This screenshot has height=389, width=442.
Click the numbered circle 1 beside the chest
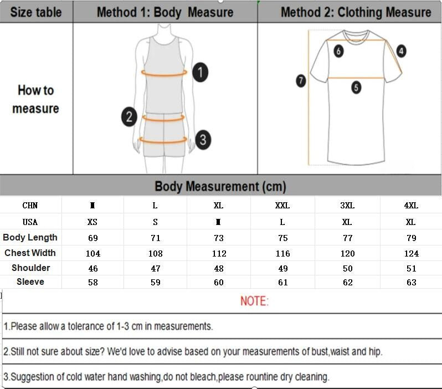201,73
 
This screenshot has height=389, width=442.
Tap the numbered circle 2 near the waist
129,116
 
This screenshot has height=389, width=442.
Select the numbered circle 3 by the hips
203,139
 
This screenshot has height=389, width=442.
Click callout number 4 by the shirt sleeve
401,51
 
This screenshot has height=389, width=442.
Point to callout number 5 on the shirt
356,87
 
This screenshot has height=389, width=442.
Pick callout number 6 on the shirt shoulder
338,52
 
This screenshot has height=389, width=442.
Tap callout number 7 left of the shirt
301,81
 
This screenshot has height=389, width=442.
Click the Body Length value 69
92,238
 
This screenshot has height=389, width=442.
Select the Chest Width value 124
411,253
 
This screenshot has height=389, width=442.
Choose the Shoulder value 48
219,268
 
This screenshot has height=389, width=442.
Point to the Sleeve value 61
282,283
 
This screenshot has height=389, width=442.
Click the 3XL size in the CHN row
347,206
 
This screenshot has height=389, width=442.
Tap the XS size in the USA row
92,222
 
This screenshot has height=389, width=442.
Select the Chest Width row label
30,253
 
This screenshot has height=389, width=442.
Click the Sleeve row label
30,282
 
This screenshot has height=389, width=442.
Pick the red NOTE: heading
254,301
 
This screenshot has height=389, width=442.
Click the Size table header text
36,12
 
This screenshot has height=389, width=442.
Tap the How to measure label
36,99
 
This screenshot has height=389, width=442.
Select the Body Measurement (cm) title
220,186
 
